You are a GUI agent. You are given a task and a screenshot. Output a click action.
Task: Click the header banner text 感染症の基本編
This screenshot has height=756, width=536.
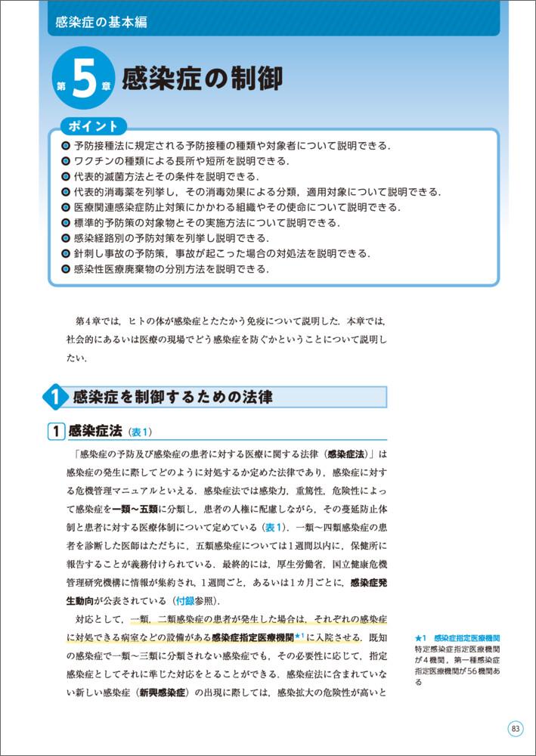pos(101,22)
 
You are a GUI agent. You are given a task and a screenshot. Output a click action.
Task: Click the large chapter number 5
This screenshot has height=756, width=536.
pos(86,79)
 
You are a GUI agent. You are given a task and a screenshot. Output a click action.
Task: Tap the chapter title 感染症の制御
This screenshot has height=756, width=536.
pos(202,78)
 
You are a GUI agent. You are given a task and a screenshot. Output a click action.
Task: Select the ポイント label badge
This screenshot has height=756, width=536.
pos(93,126)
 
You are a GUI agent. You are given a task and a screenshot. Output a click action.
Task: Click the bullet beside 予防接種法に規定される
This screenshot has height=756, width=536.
pos(66,146)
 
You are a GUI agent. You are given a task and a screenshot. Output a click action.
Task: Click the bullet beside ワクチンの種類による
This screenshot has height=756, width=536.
pos(66,161)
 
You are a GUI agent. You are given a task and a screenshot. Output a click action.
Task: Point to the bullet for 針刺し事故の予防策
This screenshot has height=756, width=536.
pos(66,253)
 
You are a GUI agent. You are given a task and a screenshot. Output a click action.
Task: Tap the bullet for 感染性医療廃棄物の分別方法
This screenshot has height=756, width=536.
pos(66,268)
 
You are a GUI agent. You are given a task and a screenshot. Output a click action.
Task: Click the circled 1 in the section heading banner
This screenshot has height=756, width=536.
pos(55,397)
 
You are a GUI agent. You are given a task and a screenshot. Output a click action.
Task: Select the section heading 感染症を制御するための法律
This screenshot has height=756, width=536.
pos(172,397)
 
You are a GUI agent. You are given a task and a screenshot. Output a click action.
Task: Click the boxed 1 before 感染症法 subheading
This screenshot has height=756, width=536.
pos(56,432)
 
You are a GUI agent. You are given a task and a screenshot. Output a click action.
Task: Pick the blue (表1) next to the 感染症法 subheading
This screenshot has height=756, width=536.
pos(141,432)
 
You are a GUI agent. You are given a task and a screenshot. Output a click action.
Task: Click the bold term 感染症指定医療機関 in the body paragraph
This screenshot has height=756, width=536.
pos(253,637)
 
